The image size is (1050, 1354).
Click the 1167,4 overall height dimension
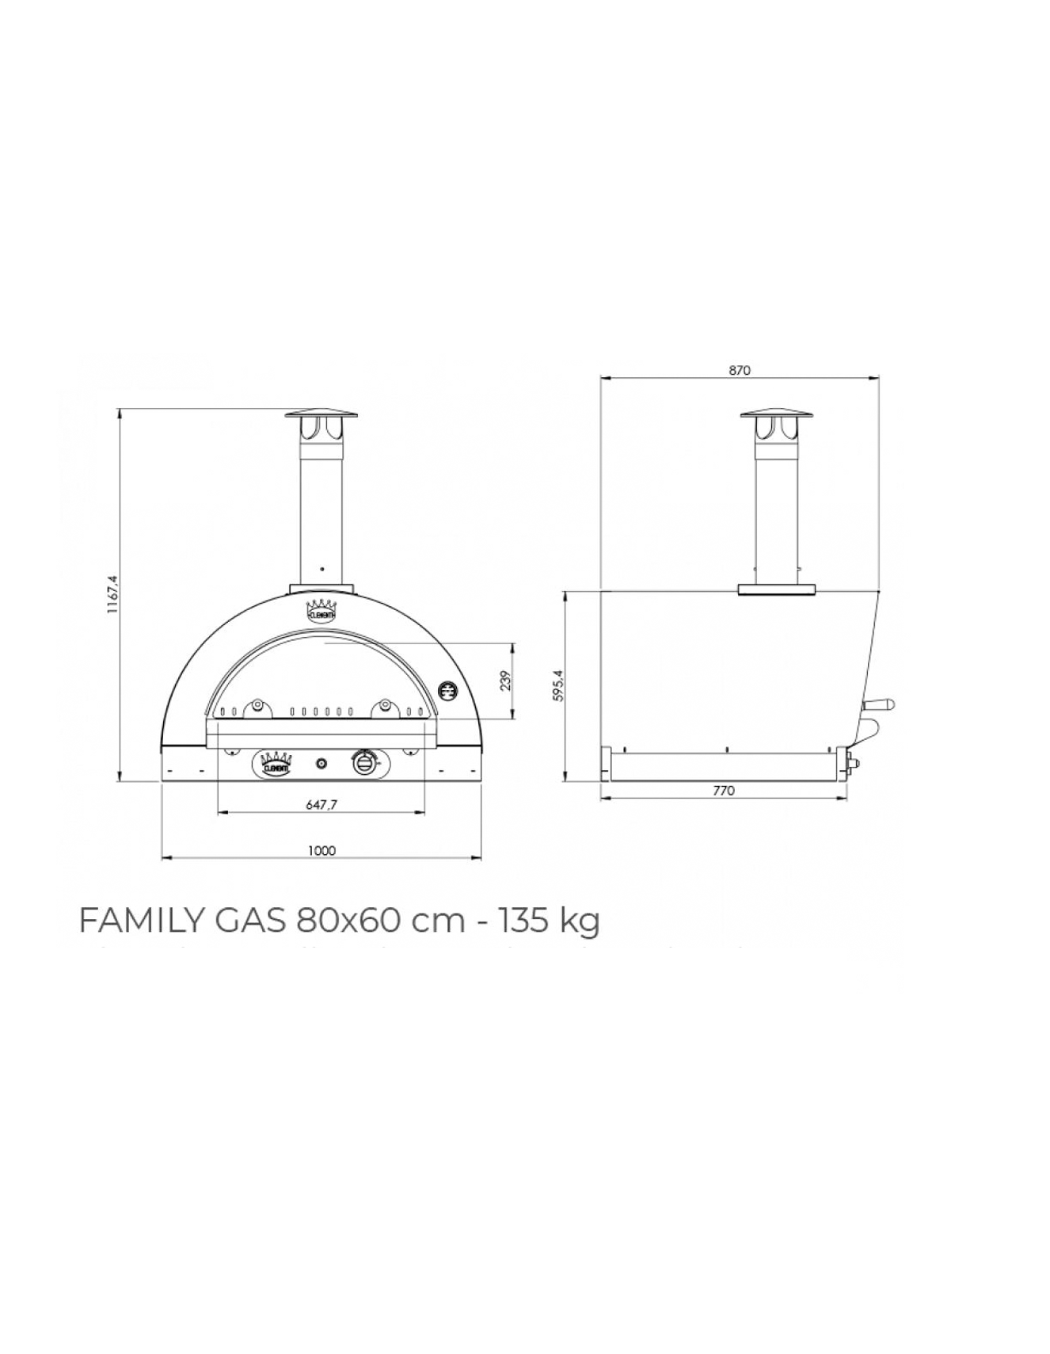tap(112, 595)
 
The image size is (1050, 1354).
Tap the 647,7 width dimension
tap(321, 804)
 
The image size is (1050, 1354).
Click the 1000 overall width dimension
tap(321, 850)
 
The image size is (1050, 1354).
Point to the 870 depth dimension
tap(740, 370)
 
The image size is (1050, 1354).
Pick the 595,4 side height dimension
tap(557, 685)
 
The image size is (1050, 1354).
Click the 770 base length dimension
tap(724, 790)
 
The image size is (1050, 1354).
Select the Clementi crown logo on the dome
tap(321, 609)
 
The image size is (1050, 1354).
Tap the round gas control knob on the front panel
tap(364, 763)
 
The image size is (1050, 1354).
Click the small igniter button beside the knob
tap(321, 763)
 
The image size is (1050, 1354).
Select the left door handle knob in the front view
tap(257, 704)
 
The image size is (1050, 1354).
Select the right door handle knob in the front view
tap(386, 704)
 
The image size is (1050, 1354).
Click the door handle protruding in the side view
tap(881, 704)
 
